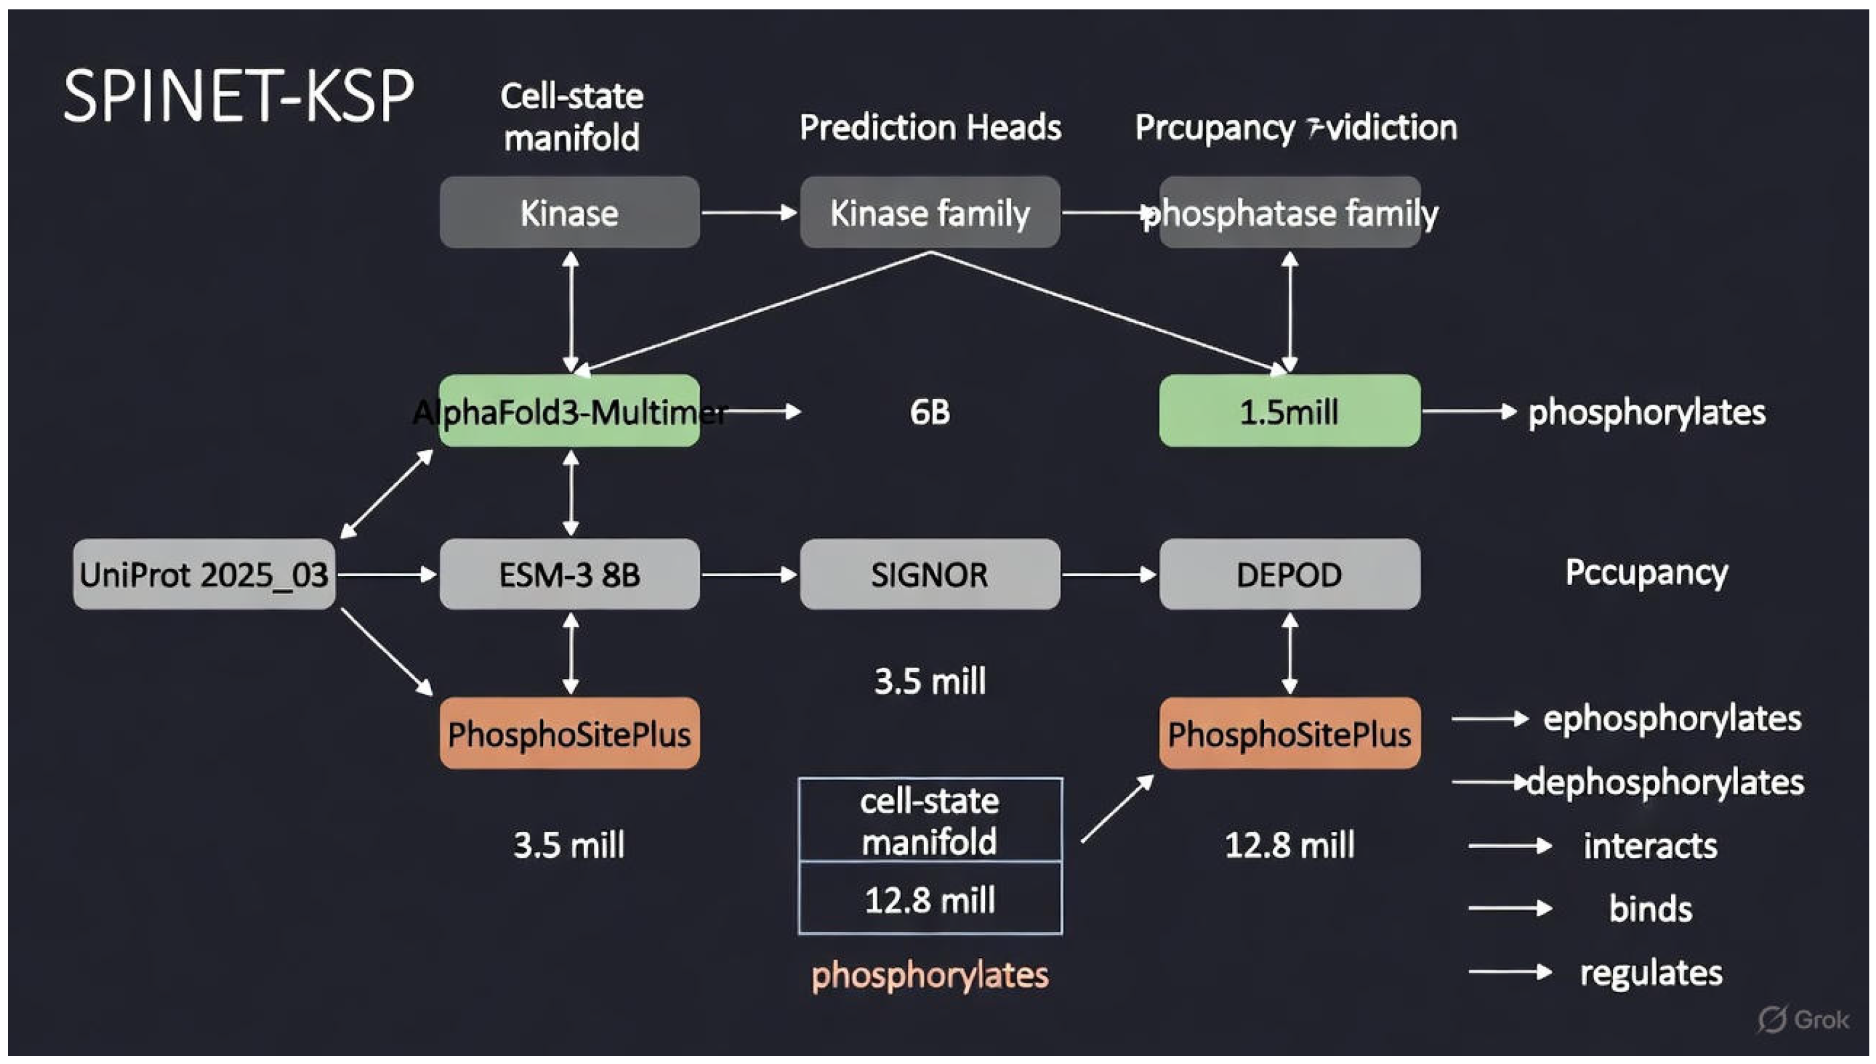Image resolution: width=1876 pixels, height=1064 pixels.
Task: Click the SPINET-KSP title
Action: pos(238,96)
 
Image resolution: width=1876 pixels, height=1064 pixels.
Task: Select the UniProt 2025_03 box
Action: pos(204,574)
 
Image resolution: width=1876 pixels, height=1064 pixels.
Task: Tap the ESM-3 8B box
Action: pos(570,574)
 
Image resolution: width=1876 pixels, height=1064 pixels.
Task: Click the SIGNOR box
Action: pos(929,574)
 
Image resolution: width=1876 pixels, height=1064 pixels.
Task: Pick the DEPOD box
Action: pos(1289,574)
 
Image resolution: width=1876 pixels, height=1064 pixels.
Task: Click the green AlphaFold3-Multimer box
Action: pos(570,412)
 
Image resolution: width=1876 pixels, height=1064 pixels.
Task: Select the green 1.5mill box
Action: pos(1289,412)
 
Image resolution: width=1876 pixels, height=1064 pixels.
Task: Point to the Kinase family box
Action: pos(929,213)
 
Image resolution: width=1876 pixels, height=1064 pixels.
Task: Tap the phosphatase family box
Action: pos(1290,213)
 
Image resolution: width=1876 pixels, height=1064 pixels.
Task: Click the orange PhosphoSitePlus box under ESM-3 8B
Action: pos(570,733)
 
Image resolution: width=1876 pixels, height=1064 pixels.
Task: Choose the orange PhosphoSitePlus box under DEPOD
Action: pos(1289,733)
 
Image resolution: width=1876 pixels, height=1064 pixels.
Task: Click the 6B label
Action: pos(929,412)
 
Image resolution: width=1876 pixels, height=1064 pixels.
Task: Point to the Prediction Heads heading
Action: pos(930,127)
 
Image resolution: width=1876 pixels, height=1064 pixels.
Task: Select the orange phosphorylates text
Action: pos(930,974)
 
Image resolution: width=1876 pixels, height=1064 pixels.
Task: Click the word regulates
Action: pos(1651,972)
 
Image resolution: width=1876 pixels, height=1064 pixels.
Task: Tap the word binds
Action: pos(1651,908)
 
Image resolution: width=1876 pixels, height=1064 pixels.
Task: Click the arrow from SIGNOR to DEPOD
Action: pos(1108,575)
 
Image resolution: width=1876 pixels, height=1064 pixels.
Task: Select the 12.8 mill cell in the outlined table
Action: pos(929,899)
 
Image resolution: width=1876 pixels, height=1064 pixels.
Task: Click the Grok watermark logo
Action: pos(1802,1019)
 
